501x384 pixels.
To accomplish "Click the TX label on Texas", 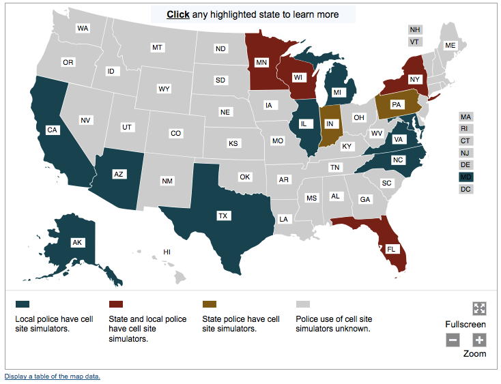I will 223,216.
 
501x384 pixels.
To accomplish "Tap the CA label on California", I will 52,130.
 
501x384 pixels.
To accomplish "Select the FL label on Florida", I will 391,249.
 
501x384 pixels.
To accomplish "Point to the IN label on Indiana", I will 330,123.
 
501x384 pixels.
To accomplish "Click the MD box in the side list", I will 466,177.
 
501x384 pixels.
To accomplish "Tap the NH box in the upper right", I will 414,29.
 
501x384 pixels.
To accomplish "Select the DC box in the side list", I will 466,189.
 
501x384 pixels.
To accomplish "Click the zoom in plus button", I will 479,340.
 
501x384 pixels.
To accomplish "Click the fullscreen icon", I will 479,308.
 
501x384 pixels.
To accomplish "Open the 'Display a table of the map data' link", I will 53,376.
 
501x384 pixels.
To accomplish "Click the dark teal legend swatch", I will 23,304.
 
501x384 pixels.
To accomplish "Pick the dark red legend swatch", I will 116,304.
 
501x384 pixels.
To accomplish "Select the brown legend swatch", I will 210,304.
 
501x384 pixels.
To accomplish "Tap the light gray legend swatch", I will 303,304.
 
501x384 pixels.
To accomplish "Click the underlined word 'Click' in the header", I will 178,14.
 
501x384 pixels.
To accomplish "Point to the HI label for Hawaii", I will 167,252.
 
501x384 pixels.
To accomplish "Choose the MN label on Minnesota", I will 261,62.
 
